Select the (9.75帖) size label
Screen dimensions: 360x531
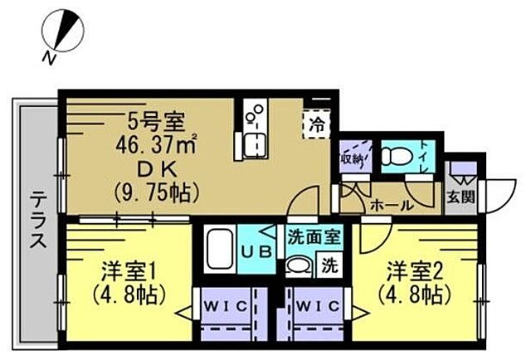tap(156, 194)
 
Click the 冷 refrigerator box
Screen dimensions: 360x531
tap(316, 127)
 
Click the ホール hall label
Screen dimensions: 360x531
tap(387, 205)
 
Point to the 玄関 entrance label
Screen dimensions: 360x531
tap(460, 197)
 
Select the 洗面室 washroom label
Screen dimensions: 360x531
tap(314, 236)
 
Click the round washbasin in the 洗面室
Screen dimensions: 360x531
tap(297, 266)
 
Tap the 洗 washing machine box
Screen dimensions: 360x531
tap(329, 267)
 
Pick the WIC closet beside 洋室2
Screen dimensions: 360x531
tap(315, 308)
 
